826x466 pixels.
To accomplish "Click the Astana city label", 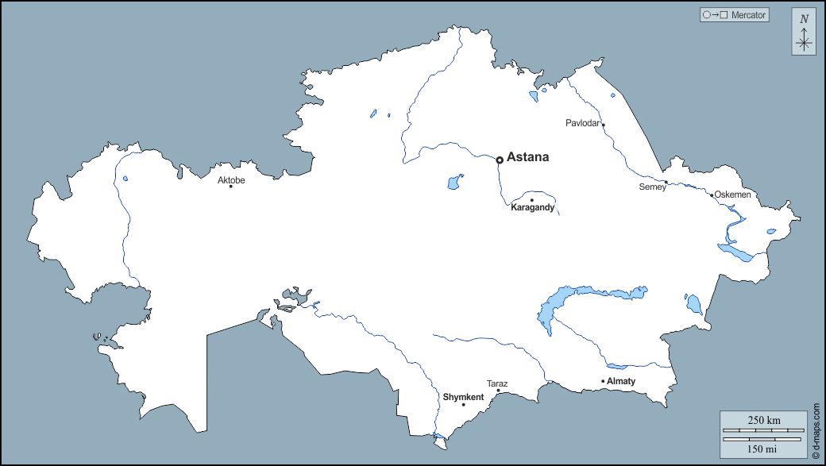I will click(527, 157).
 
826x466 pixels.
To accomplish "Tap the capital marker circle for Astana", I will click(499, 160).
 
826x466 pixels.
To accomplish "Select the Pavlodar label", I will click(583, 123).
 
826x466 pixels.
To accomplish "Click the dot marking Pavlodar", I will click(603, 125).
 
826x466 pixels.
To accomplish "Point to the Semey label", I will click(652, 187).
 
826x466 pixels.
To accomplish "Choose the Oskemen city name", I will click(732, 194).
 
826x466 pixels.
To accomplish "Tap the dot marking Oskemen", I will click(712, 194).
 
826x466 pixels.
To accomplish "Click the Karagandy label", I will click(532, 208).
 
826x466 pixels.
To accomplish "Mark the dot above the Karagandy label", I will click(531, 200).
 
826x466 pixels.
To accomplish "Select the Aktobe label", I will click(231, 180).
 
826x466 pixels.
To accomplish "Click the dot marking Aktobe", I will click(230, 187).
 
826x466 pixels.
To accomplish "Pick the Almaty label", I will click(621, 382).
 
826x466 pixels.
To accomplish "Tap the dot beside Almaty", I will click(603, 382).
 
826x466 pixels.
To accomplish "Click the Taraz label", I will click(497, 383).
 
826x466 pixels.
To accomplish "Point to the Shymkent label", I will click(463, 397).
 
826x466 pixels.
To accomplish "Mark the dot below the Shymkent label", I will click(463, 405).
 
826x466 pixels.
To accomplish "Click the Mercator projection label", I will click(749, 14).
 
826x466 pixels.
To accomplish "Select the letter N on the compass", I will click(804, 19).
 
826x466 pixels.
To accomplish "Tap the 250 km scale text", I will click(763, 420).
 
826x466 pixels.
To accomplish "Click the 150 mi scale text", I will click(763, 449).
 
